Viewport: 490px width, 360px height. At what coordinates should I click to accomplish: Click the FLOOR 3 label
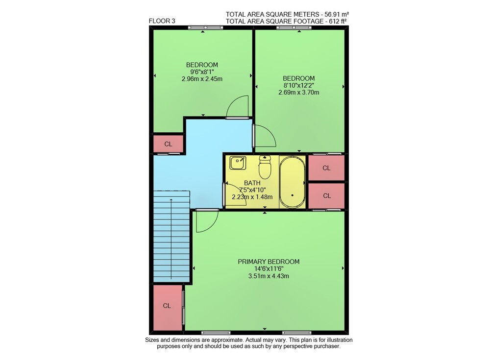click(162, 21)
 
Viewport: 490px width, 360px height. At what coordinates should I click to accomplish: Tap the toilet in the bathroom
click(265, 167)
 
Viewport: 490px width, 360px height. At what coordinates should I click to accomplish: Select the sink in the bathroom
click(238, 163)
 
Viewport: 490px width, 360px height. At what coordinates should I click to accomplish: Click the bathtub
click(292, 182)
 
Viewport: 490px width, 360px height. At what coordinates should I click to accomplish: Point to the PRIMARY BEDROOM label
click(269, 262)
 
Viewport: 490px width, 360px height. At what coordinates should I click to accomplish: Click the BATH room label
click(252, 183)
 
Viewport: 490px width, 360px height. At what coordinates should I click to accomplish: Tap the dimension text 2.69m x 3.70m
click(299, 92)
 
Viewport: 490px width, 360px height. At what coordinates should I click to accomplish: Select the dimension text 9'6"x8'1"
click(202, 72)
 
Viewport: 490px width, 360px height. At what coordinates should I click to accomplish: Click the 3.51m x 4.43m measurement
click(269, 276)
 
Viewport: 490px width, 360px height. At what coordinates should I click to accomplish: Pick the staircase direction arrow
click(171, 239)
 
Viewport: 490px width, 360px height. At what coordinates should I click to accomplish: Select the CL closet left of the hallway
click(168, 144)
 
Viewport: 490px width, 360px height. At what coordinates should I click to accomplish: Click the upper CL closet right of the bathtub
click(326, 168)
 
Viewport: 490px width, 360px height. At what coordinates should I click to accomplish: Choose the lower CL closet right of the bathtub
click(326, 195)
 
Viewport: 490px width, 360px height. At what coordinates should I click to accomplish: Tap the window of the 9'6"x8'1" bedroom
click(206, 27)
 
